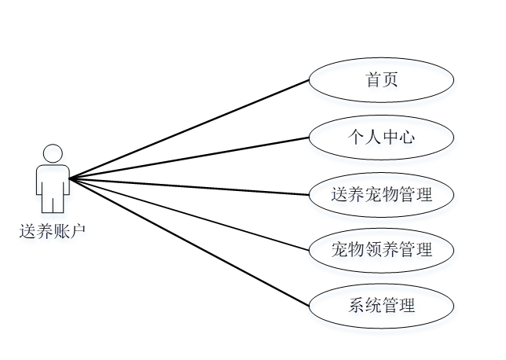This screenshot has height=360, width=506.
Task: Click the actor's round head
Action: tap(53, 152)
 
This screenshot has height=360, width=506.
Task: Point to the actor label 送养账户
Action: tap(53, 230)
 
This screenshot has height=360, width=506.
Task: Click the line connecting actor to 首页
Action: tap(189, 130)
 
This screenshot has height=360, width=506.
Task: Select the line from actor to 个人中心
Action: tap(189, 158)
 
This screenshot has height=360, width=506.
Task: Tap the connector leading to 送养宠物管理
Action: tap(189, 186)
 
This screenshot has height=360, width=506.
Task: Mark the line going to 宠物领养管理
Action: tap(189, 215)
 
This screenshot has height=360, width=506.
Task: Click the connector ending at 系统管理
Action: tap(189, 242)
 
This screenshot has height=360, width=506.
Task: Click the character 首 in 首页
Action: tap(372, 81)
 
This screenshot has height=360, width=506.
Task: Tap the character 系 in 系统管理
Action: tap(356, 306)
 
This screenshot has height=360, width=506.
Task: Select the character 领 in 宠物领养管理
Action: tap(372, 251)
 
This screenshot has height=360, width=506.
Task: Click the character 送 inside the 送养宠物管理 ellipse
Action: tap(339, 194)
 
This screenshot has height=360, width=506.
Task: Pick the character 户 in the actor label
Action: tap(78, 230)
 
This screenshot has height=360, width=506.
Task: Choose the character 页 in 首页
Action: tap(390, 81)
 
